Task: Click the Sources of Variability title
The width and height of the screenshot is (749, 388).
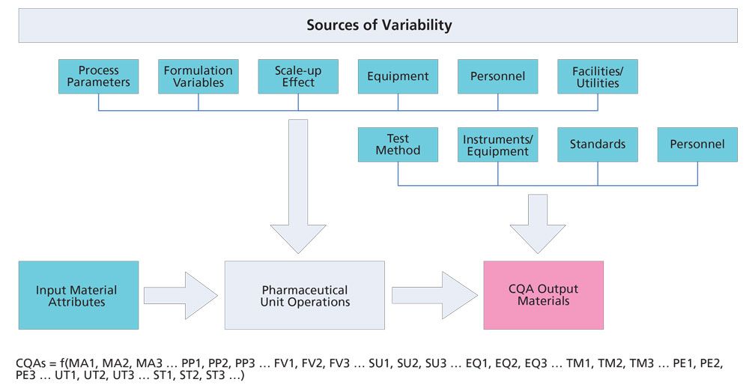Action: pos(378,25)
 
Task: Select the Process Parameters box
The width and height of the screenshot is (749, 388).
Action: pos(99,76)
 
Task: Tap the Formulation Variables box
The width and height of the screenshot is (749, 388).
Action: pos(198,76)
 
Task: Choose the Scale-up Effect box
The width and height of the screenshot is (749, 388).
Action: pos(298,76)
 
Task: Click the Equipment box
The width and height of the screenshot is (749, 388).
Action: pos(398,76)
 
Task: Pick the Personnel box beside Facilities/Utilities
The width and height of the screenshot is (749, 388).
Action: pos(497,76)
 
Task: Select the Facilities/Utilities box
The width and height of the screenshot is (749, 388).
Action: pos(597,76)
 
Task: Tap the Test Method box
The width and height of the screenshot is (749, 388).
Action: pos(398,145)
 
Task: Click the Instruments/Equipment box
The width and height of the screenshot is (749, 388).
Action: pos(497,145)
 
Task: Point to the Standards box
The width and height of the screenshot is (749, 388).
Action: pos(597,145)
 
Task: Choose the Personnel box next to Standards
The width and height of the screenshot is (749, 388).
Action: pos(697,145)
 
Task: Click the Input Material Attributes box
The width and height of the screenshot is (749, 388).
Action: pos(78,295)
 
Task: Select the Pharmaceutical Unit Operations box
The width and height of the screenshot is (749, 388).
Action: pos(304,295)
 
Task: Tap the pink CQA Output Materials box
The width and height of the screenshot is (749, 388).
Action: pos(543,295)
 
